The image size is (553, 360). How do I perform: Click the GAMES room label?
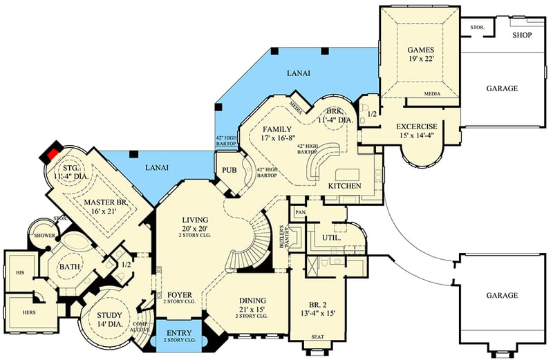[420, 50]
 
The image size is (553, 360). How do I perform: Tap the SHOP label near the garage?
[522, 34]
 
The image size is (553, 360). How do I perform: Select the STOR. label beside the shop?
[477, 28]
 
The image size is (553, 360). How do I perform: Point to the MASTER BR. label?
[102, 202]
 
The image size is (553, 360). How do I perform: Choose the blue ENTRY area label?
[179, 332]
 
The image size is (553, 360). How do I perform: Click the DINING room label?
[252, 301]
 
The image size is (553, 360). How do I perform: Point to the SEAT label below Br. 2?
[317, 337]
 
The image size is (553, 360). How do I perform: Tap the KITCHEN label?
[345, 187]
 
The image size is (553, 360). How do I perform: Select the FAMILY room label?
[276, 129]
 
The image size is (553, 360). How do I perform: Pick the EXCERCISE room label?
[416, 127]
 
